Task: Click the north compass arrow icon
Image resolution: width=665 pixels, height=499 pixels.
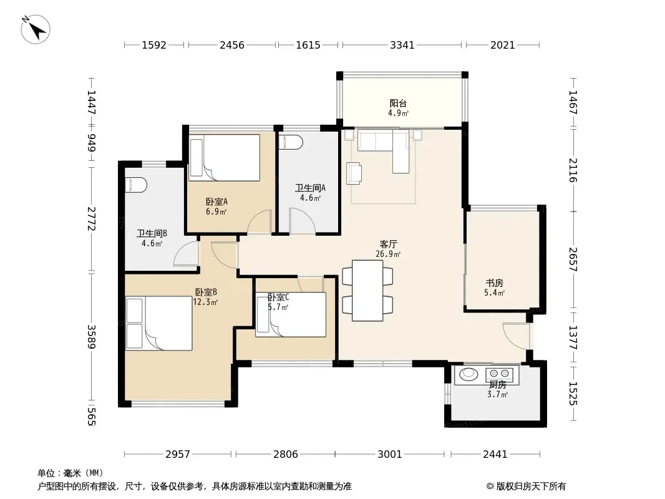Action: tap(36, 29)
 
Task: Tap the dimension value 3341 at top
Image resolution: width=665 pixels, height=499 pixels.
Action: tap(402, 45)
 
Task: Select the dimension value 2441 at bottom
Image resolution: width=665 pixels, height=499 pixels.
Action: tap(495, 454)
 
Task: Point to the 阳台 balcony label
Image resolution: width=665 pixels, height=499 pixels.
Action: tap(398, 103)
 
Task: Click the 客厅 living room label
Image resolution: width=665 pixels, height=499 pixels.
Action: tap(388, 245)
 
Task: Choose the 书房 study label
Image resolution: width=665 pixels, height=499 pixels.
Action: tap(495, 283)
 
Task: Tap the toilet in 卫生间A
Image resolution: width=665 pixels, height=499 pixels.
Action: tap(291, 142)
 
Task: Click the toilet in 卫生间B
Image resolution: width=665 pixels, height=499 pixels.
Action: tap(136, 185)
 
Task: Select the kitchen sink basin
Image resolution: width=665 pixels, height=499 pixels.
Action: tap(468, 373)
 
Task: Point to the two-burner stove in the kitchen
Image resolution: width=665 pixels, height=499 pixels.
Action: tap(499, 374)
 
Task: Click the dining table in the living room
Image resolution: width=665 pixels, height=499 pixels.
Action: tap(367, 291)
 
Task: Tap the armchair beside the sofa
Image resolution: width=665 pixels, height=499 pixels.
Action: tap(354, 173)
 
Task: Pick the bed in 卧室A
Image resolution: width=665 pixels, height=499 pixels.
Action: tap(225, 158)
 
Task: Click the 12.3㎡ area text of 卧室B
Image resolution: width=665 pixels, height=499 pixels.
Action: tap(205, 303)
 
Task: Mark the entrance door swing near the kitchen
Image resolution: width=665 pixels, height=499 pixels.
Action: tap(516, 336)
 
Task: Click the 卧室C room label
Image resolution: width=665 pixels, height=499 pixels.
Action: tap(278, 297)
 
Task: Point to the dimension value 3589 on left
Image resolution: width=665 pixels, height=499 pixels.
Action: tap(91, 337)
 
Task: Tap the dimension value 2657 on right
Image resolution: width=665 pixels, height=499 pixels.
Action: tap(573, 259)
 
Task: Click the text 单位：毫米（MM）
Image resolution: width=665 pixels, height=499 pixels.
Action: tap(70, 473)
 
